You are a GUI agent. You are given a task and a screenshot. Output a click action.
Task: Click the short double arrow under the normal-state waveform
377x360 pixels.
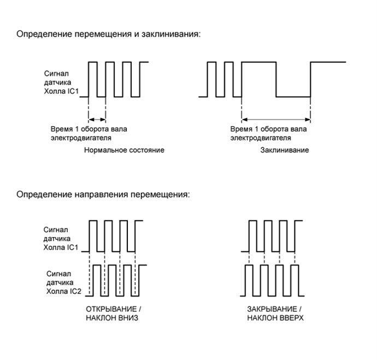click(97, 119)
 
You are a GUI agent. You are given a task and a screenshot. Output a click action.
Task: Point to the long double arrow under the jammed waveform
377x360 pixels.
click(276, 119)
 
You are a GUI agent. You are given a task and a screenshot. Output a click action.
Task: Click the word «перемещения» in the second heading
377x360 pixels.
click(152, 194)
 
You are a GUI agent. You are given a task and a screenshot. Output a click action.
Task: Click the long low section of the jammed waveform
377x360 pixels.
click(293, 97)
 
